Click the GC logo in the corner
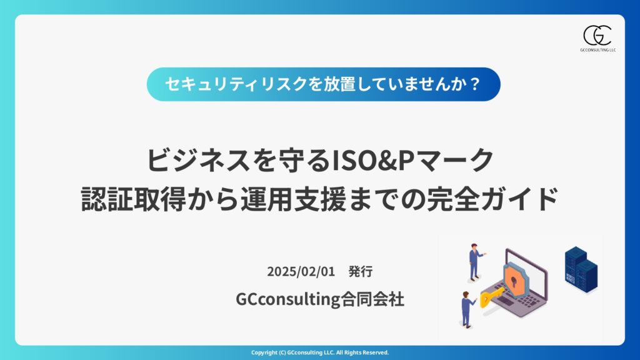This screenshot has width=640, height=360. pos(597,36)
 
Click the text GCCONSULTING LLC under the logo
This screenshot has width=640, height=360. pos(598,50)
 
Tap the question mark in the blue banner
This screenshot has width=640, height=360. pos(474,84)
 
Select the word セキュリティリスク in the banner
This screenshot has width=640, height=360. pos(236,84)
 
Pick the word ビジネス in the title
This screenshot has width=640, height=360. pos(198,160)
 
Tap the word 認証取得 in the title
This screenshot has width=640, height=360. pos(134,199)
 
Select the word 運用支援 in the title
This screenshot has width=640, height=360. pos(293,199)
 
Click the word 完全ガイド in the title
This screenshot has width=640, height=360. pos(492,199)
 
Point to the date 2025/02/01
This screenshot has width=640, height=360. pos(301,271)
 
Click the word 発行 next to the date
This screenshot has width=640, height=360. pos(361,271)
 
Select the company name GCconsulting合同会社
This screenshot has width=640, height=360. pos(320,299)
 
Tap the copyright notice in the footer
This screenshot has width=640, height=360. pos(320,352)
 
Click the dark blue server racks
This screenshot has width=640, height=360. pos(581,269)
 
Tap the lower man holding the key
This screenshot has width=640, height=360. pos(467,309)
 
